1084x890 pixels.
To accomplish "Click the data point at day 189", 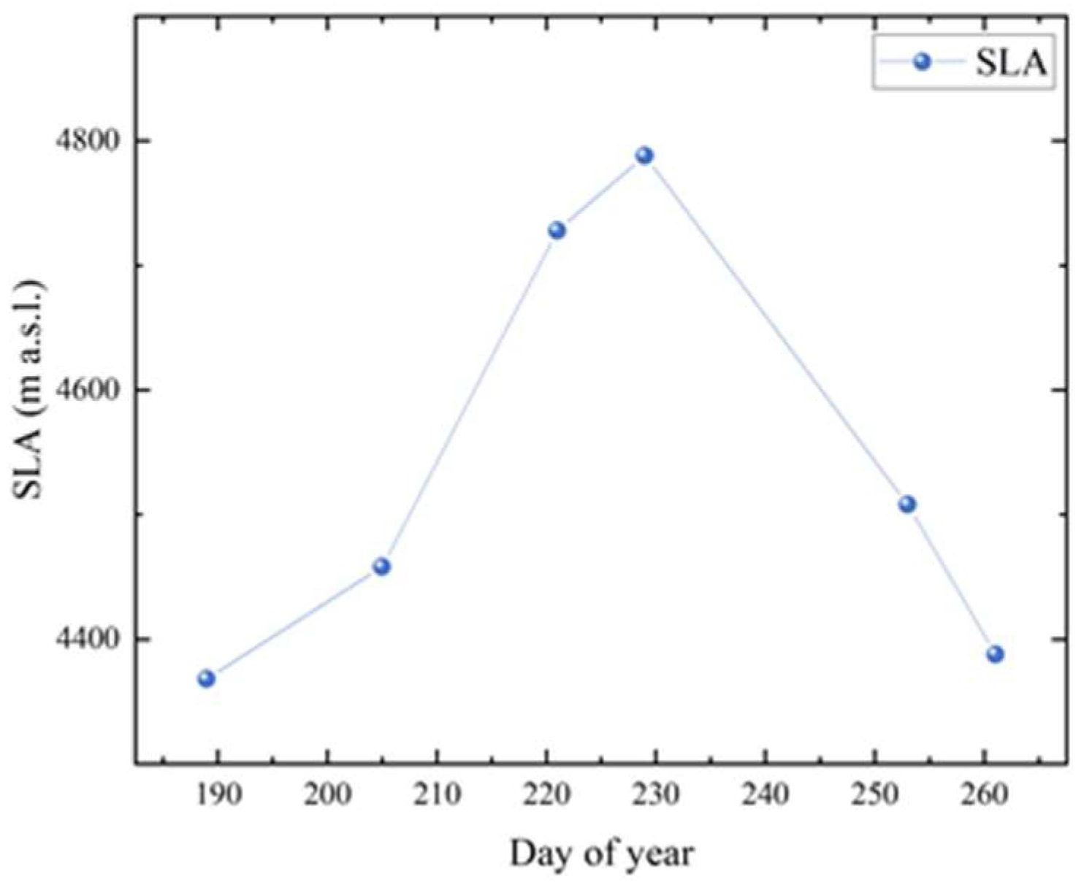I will [x=207, y=678].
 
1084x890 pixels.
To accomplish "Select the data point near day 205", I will [x=381, y=566].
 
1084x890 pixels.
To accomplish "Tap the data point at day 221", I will [x=557, y=230].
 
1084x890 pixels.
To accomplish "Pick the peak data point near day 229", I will [x=644, y=155].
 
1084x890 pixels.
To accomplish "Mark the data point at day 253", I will [x=907, y=504].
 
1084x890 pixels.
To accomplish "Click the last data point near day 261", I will [x=995, y=653].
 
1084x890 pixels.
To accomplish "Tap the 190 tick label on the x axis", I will [x=218, y=794].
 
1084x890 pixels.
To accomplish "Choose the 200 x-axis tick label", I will [x=327, y=794].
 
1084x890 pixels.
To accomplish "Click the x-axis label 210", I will [x=437, y=794].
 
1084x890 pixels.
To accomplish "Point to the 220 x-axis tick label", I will [x=546, y=794].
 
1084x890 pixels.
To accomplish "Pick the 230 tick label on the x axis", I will [x=656, y=794].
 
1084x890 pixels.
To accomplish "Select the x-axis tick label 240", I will [x=766, y=794].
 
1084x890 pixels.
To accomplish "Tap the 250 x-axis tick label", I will [x=875, y=794].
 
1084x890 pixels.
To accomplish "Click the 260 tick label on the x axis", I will [x=985, y=794].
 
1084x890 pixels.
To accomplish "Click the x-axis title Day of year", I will [x=601, y=853].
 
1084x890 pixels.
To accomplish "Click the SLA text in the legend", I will [x=1012, y=64].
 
